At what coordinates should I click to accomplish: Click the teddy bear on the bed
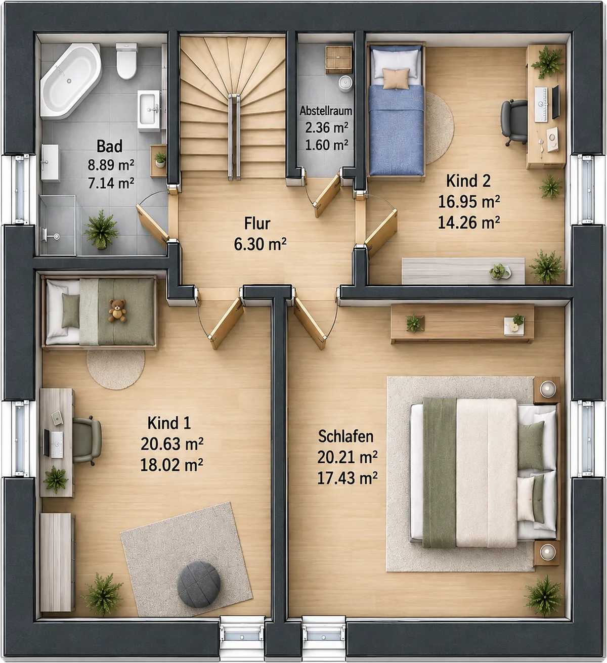[117, 311]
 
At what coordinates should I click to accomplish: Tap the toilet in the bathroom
[126, 61]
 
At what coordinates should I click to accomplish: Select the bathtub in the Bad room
[71, 80]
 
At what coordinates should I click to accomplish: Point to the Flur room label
[257, 224]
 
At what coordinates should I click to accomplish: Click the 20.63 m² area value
[171, 444]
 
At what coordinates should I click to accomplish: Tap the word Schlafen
[345, 436]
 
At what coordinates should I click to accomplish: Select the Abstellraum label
[326, 111]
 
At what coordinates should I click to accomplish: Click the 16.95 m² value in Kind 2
[468, 201]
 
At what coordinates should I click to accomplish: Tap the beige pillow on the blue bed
[396, 79]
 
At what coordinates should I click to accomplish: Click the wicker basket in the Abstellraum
[338, 60]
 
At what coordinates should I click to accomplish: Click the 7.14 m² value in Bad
[111, 183]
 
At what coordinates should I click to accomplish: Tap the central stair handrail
[234, 137]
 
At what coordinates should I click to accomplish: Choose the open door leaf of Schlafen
[310, 323]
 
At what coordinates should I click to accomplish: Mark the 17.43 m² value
[347, 478]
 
